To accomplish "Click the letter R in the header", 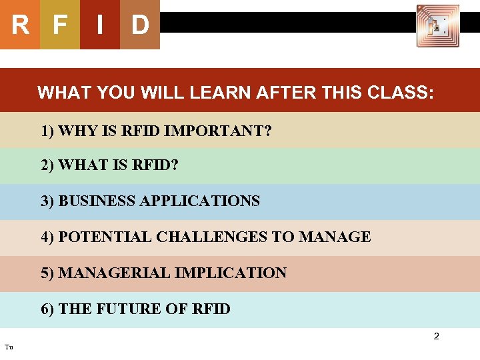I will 20,25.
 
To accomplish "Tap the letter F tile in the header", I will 60,25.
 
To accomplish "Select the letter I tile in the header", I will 99,25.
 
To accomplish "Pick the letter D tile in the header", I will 140,25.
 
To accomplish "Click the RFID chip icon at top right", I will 437,26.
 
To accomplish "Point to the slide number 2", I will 437,337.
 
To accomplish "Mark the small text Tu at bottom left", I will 8,347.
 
